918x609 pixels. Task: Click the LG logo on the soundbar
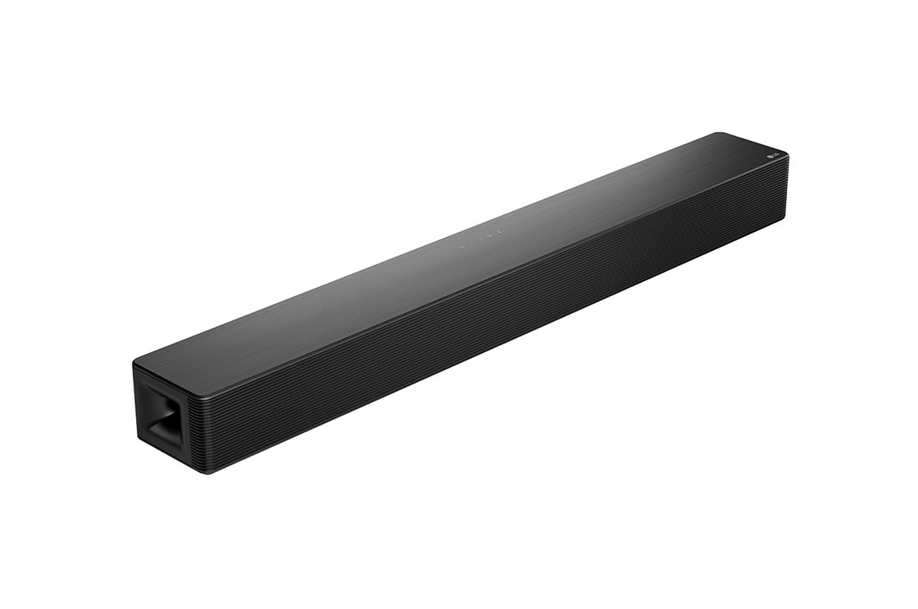774,155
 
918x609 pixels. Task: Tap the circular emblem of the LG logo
770,157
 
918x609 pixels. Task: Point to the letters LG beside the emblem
779,154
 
